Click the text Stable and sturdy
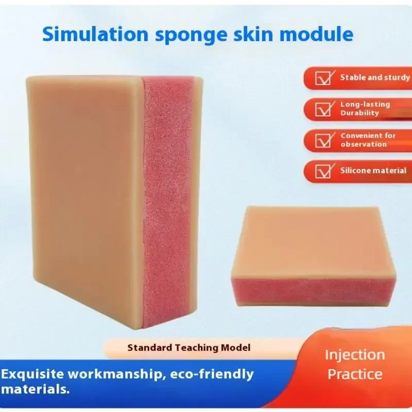coord(375,78)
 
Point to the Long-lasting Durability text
coord(365,109)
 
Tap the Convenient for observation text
coord(368,140)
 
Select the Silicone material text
coord(373,170)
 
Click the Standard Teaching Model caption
coord(189,348)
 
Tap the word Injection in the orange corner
coord(355,355)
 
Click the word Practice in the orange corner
coord(355,374)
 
